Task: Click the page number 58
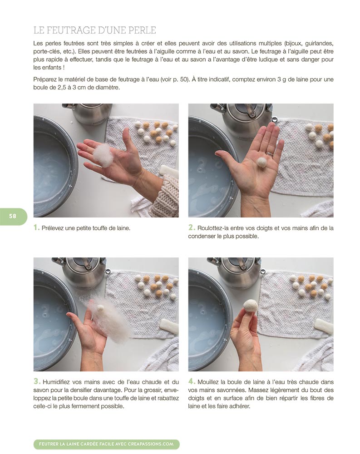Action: tap(13, 216)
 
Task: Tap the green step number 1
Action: tap(36, 227)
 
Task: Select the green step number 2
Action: tap(192, 227)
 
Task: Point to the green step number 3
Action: tap(36, 381)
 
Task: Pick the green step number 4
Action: tap(192, 381)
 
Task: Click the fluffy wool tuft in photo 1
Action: tap(104, 155)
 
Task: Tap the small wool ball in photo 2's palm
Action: tap(261, 162)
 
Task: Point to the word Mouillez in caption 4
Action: tap(208, 382)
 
